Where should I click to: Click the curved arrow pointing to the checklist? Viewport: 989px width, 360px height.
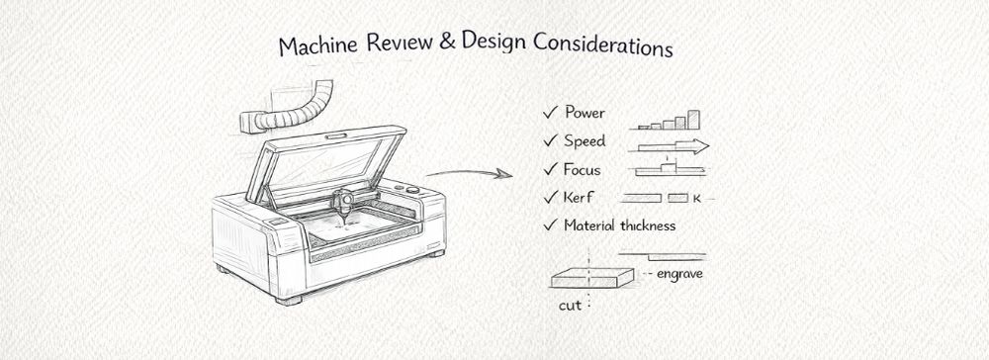[469, 175]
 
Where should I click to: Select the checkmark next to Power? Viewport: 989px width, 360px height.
[549, 113]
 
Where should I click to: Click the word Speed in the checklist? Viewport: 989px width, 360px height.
[584, 141]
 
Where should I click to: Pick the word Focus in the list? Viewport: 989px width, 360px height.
[584, 169]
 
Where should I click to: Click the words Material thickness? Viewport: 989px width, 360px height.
[620, 225]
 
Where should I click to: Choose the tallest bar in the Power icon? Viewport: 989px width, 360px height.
[694, 120]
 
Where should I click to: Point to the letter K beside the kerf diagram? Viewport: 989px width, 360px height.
[696, 199]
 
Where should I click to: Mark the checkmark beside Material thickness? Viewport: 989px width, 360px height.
[550, 225]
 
